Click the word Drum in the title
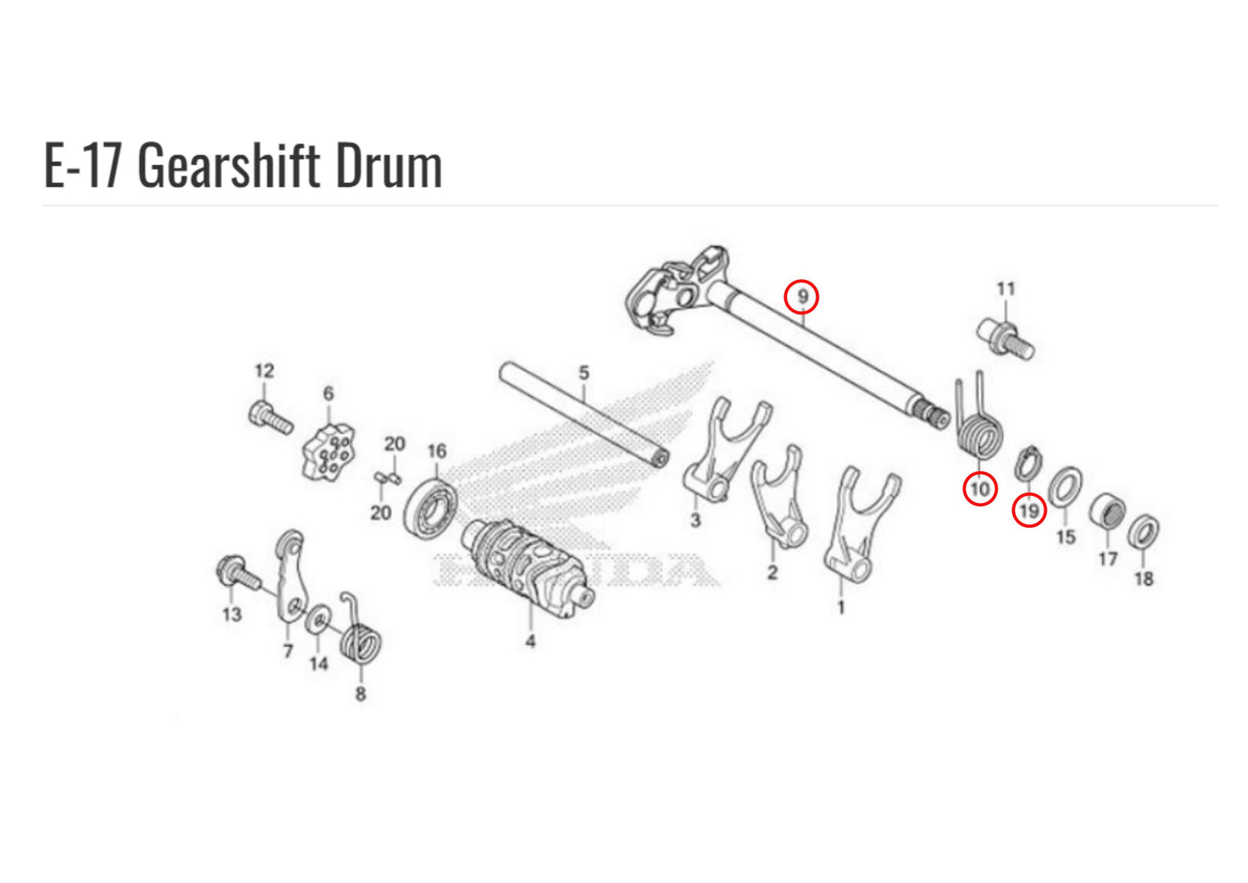coord(389,166)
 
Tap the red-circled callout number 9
coord(801,296)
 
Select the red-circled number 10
coord(980,489)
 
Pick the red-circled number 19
coord(1029,510)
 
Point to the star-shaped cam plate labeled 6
coord(329,452)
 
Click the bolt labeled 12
coord(271,417)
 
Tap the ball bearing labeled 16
coord(431,508)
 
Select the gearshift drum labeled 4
coord(527,568)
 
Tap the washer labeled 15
coord(1065,486)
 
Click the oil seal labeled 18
coord(1143,532)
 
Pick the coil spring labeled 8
coord(360,638)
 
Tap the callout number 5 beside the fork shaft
coord(583,372)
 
